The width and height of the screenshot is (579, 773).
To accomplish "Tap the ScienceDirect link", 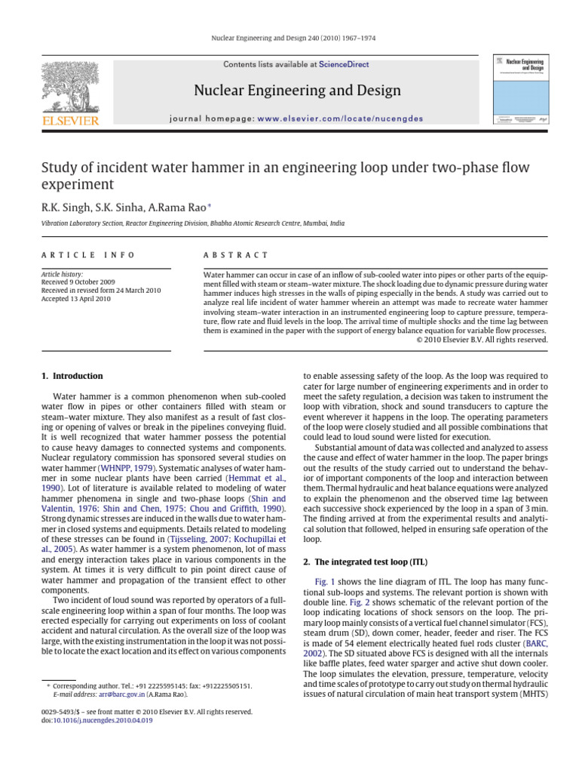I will [344, 65].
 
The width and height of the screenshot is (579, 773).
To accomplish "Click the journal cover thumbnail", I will [520, 88].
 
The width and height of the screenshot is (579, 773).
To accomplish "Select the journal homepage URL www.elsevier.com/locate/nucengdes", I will [340, 119].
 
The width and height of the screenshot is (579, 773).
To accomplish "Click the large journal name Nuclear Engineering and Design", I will [297, 91].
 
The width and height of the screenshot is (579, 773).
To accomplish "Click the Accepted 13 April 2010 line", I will [76, 299].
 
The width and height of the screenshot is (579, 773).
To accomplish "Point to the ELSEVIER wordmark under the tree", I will [70, 121].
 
